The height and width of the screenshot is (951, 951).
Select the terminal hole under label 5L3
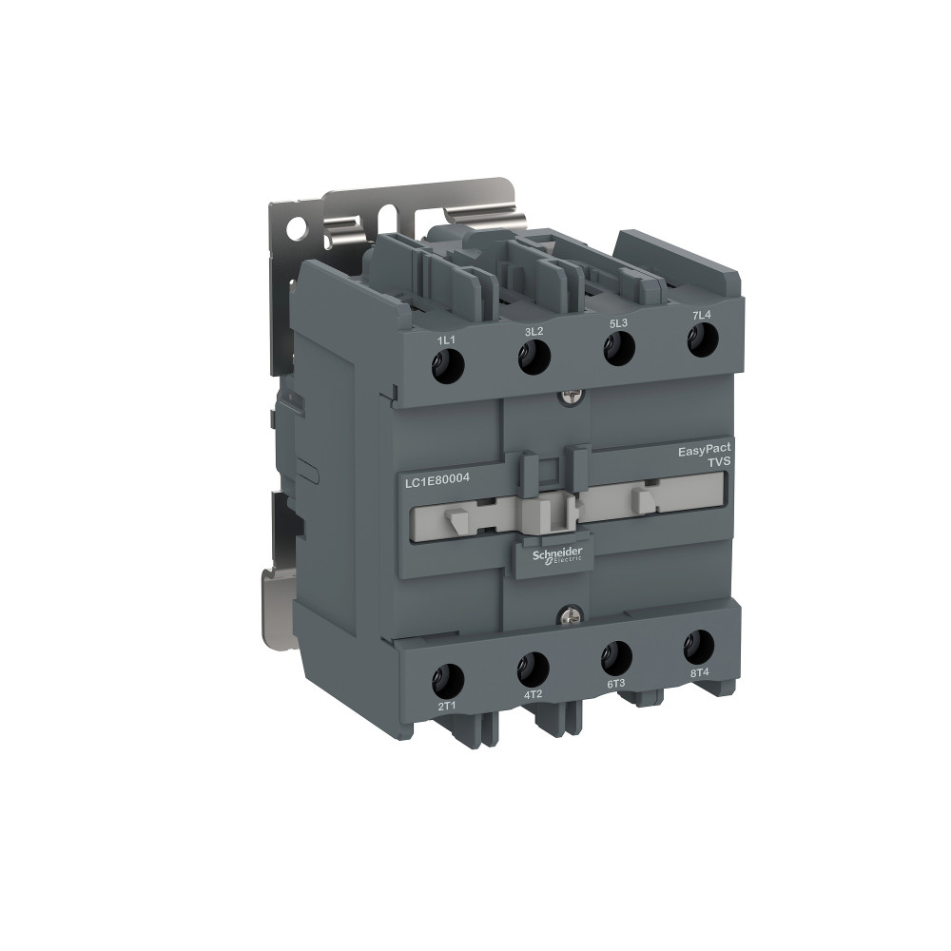(619, 348)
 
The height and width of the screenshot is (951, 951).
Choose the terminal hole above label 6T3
(616, 656)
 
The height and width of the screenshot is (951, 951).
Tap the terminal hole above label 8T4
(699, 646)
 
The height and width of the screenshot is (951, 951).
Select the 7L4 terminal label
(701, 315)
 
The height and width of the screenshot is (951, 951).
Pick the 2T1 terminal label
(447, 707)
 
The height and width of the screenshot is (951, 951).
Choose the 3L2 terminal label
(533, 331)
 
